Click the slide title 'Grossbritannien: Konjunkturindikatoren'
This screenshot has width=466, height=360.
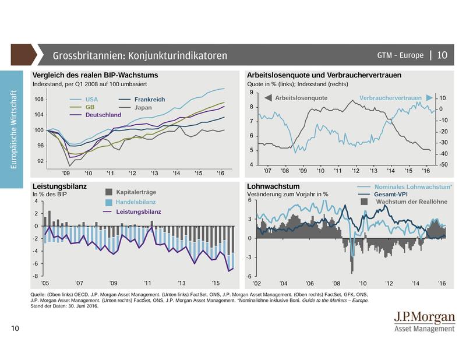point(140,56)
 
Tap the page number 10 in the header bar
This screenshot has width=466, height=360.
point(442,55)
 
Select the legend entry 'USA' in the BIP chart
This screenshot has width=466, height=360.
point(91,100)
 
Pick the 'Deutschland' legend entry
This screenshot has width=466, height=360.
point(103,115)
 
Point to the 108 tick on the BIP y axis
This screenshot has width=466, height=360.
point(39,100)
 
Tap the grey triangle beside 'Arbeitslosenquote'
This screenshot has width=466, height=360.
point(268,98)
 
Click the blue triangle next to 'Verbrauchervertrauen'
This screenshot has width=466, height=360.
point(429,98)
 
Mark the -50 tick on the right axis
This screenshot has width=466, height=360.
point(443,165)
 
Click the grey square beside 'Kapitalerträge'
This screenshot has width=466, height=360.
point(109,192)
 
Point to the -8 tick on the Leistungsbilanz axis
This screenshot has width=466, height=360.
point(36,276)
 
